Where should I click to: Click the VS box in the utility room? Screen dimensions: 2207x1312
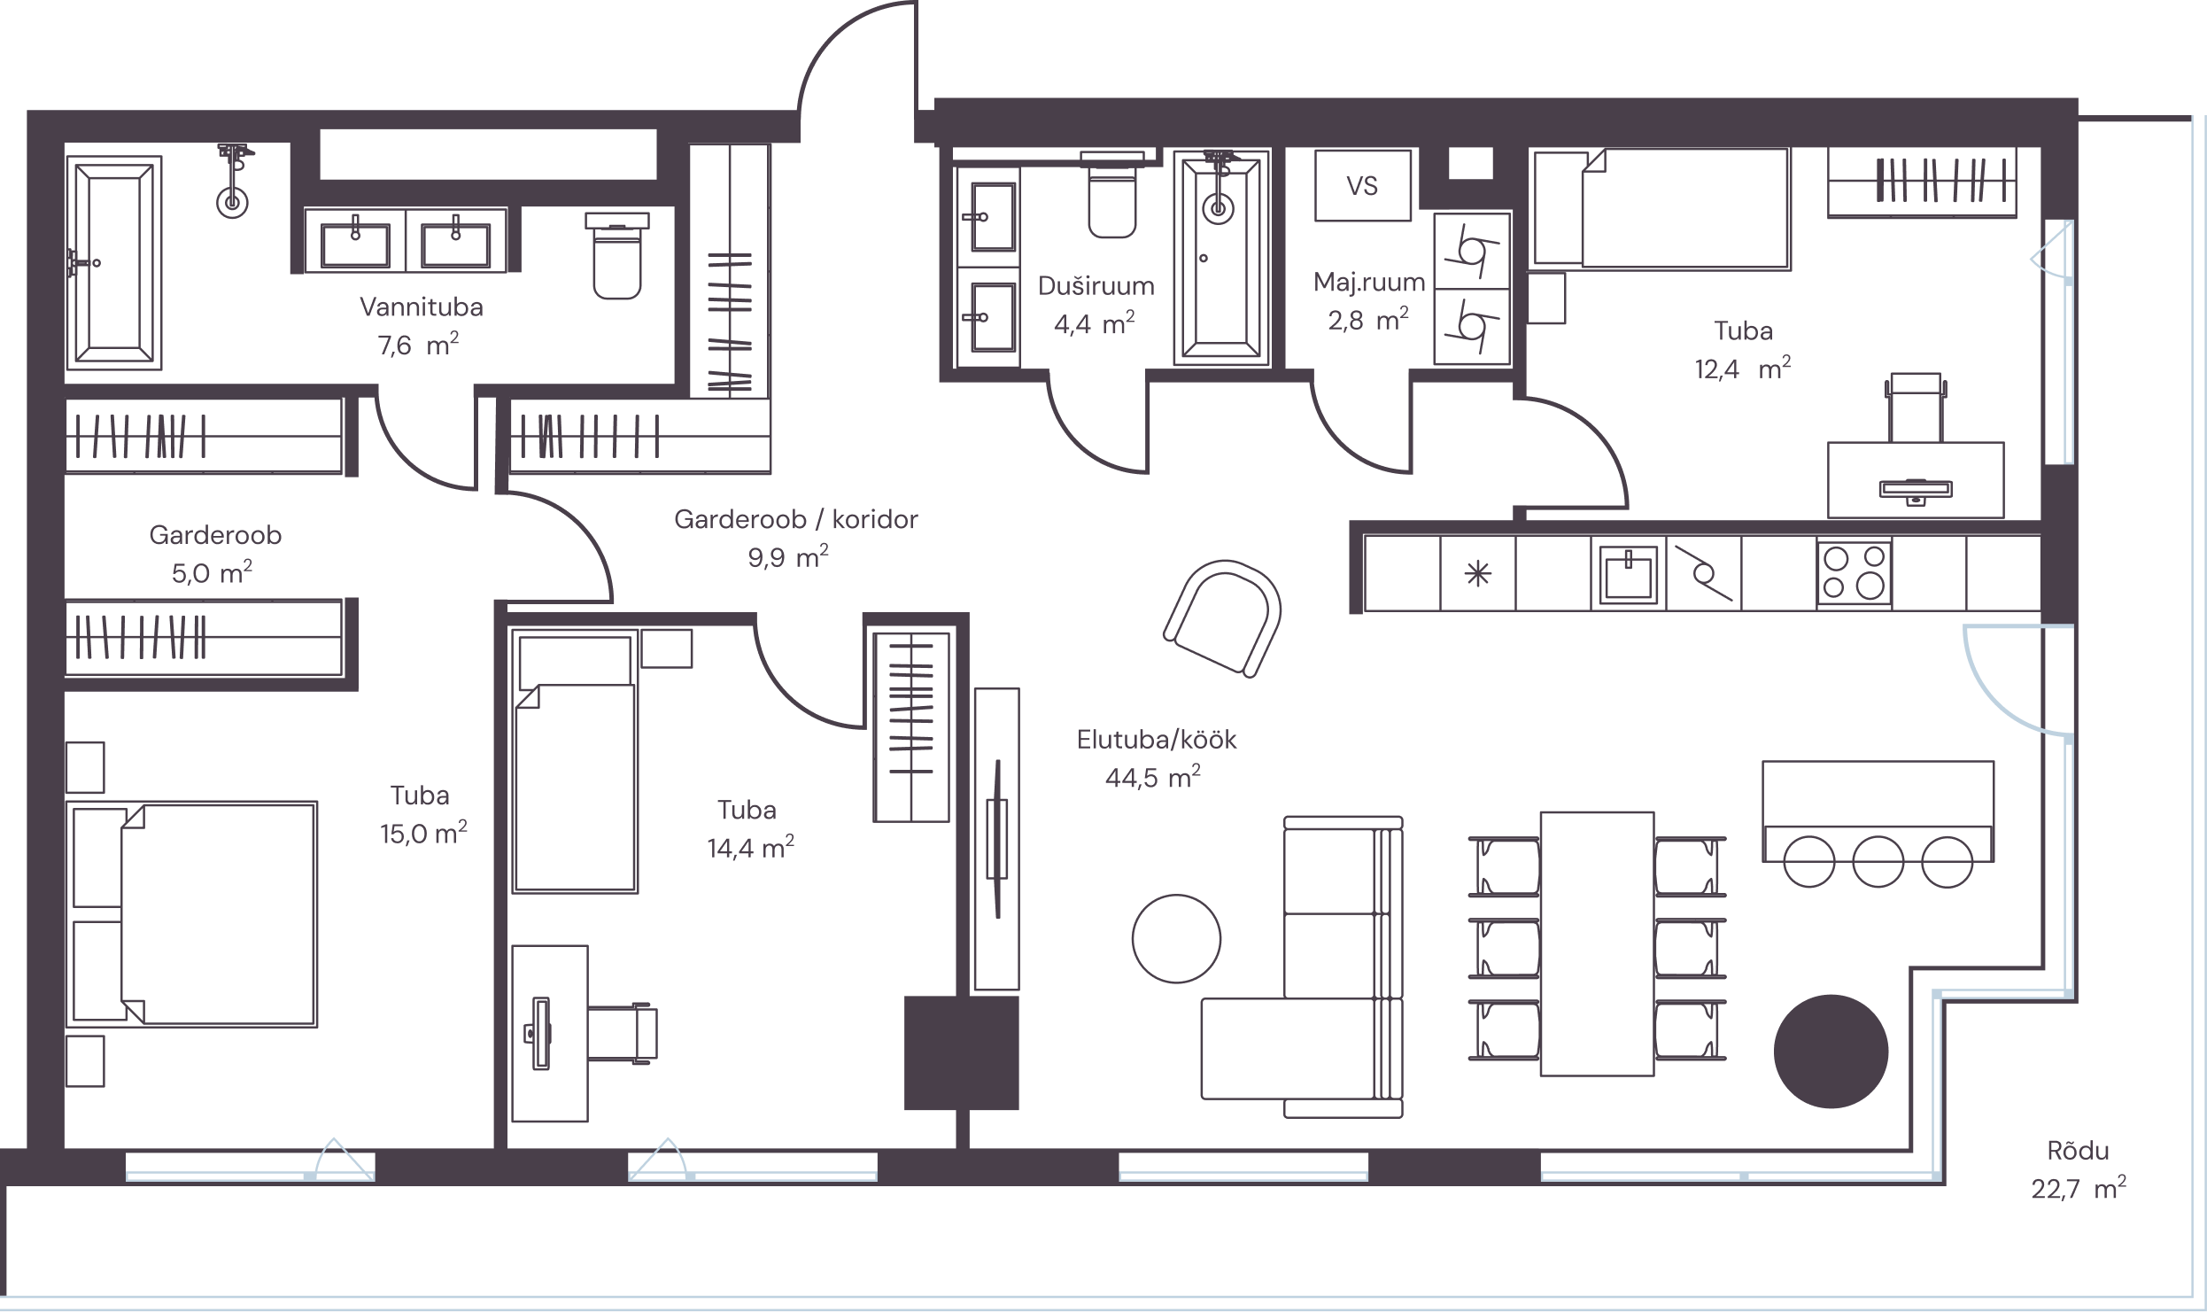click(x=1362, y=185)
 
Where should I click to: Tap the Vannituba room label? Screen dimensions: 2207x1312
click(x=422, y=307)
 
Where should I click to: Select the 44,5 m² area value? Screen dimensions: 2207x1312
click(x=1152, y=777)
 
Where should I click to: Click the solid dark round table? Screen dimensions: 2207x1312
click(x=1831, y=1052)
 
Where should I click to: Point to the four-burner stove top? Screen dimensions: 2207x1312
click(x=1854, y=573)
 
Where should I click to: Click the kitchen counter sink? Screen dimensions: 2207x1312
click(x=1628, y=573)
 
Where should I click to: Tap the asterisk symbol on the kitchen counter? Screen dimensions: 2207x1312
click(x=1478, y=575)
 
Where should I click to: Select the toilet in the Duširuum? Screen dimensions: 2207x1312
click(x=1111, y=196)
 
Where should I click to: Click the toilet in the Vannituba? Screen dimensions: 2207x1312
click(x=616, y=255)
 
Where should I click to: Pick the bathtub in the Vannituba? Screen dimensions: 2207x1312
click(x=114, y=262)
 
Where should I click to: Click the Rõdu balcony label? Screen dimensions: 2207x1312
click(x=2078, y=1151)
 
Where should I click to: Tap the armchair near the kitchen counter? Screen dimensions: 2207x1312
click(x=1223, y=617)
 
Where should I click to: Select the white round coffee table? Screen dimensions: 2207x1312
click(x=1176, y=938)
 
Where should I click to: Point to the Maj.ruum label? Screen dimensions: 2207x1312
click(x=1369, y=283)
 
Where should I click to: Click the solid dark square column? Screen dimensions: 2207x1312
click(x=961, y=1052)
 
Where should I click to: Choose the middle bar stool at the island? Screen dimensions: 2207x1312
click(x=1878, y=862)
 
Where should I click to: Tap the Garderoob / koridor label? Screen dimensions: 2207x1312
click(x=796, y=519)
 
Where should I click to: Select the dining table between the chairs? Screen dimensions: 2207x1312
click(x=1597, y=943)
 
